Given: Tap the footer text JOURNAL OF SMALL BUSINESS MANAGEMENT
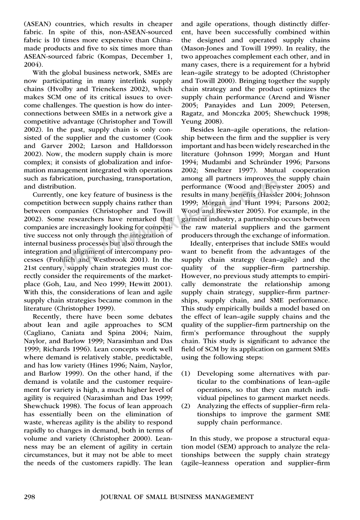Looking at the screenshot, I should pyautogui.click(x=177, y=497).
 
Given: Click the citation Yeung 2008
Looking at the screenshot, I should pyautogui.click(x=196, y=121).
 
